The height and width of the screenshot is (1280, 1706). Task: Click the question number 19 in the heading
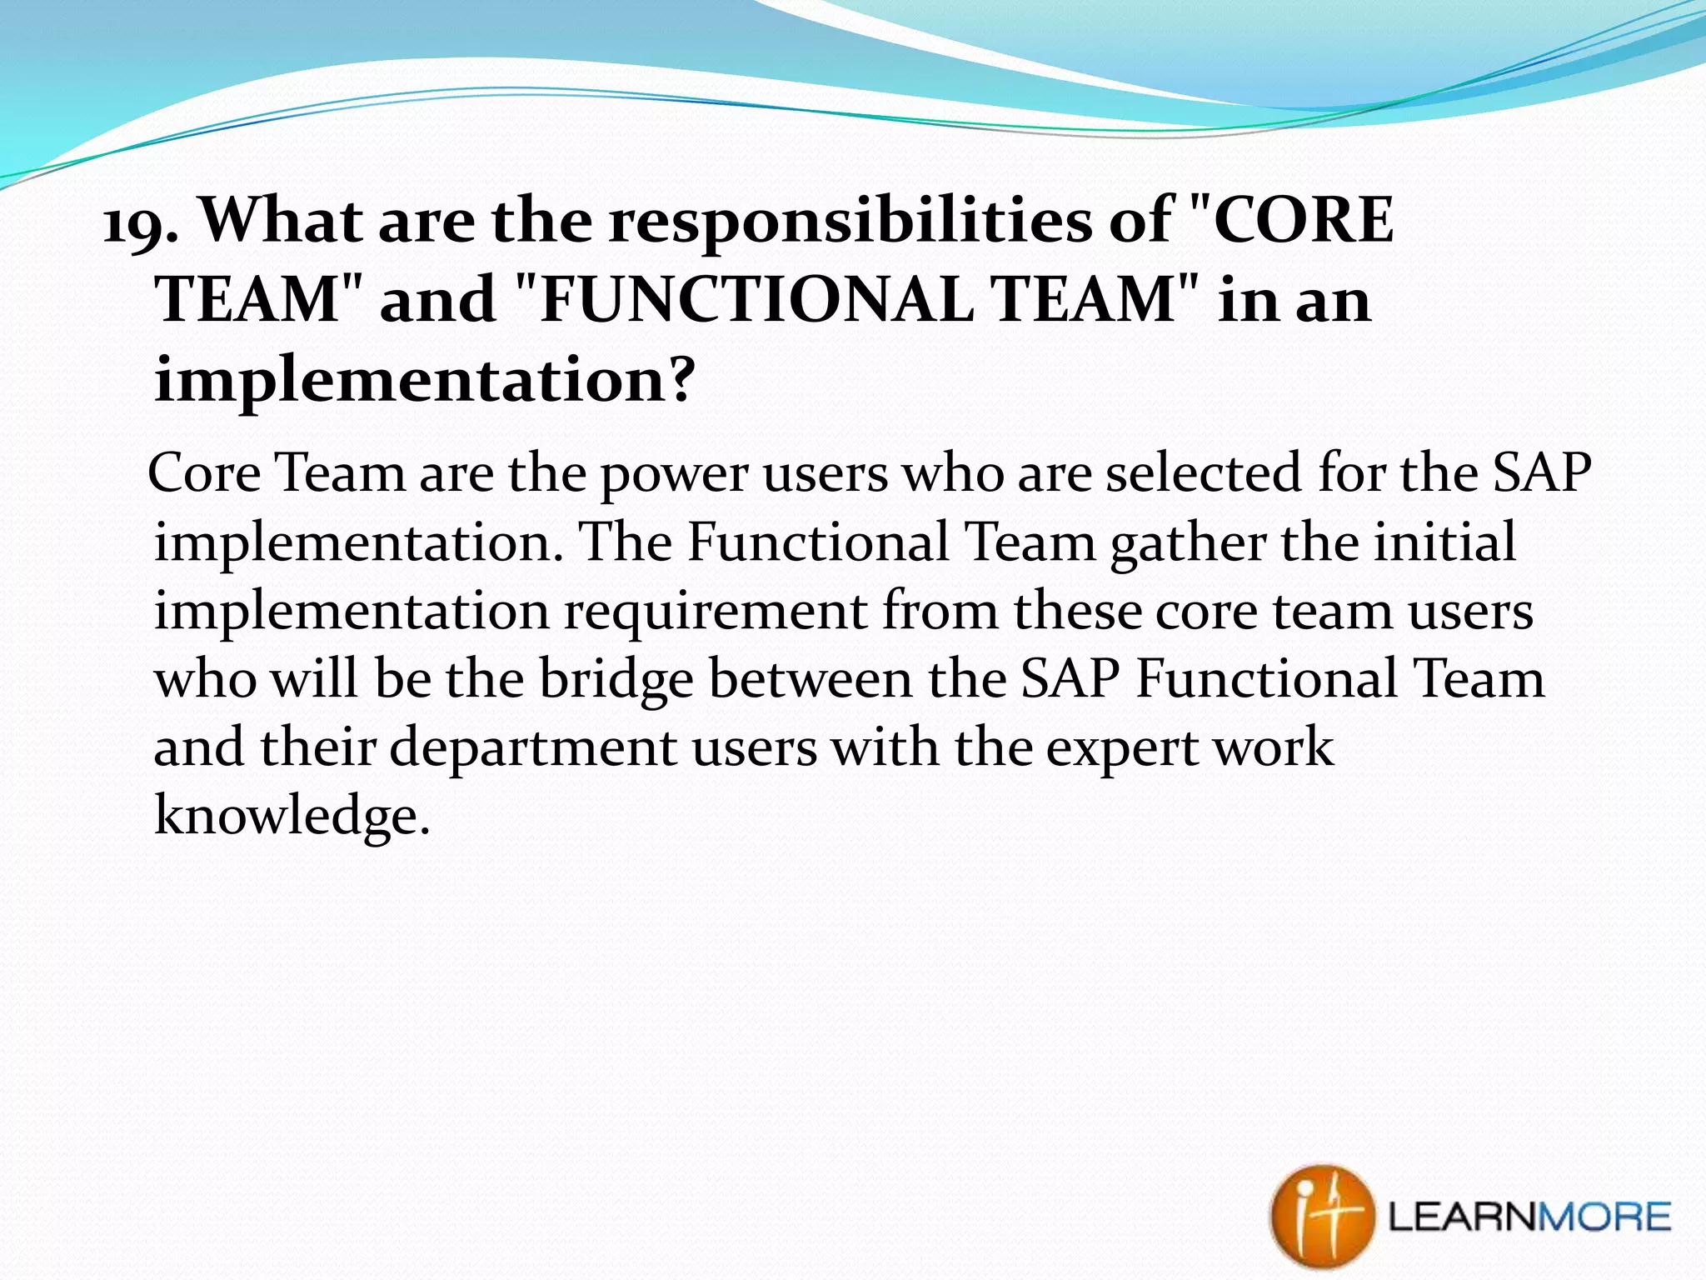coord(138,222)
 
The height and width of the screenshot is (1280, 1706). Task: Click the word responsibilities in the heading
coord(850,221)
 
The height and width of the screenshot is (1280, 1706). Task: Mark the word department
coord(533,748)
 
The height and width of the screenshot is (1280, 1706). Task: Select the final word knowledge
coord(292,815)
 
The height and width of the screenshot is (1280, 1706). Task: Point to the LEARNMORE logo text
coord(1529,1217)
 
